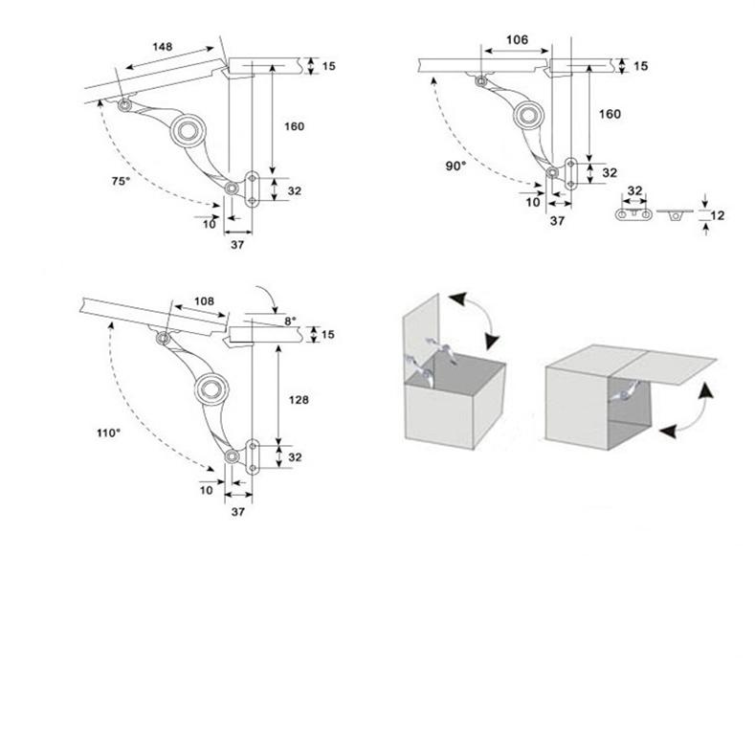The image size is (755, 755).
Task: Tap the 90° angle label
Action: click(455, 166)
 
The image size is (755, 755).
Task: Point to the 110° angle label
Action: click(107, 433)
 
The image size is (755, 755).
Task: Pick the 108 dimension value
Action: click(205, 301)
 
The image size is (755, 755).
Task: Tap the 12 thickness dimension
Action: click(718, 216)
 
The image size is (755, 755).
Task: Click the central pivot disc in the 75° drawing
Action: click(188, 130)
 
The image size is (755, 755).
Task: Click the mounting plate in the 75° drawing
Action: click(252, 189)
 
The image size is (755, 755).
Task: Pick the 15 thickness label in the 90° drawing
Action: click(640, 65)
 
